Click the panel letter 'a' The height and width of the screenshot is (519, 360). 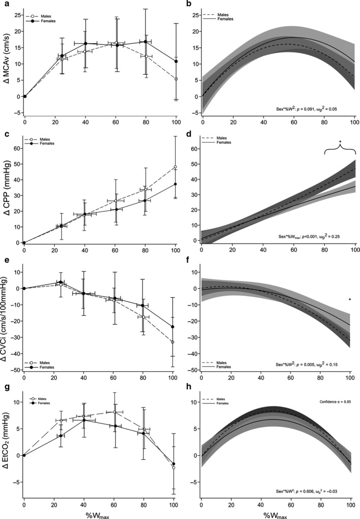[4, 4]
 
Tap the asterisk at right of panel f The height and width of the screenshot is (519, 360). [350, 300]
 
